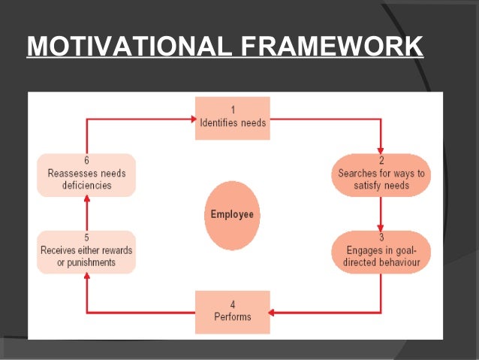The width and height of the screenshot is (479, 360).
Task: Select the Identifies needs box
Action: (x=232, y=118)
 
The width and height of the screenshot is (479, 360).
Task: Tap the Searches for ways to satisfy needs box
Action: (x=381, y=175)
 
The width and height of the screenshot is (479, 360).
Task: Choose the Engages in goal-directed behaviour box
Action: (x=381, y=253)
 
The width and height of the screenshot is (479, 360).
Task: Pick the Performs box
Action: (x=232, y=311)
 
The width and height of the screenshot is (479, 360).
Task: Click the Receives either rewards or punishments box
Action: (x=86, y=253)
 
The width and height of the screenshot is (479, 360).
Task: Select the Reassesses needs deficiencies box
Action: (x=86, y=175)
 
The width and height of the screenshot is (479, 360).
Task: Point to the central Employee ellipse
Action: (x=232, y=214)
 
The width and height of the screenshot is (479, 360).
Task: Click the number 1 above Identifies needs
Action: (x=232, y=109)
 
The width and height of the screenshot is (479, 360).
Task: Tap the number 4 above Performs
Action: (x=232, y=304)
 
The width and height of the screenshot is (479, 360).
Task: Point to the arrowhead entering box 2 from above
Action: (x=381, y=149)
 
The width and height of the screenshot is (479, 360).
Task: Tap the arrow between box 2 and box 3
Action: (x=381, y=213)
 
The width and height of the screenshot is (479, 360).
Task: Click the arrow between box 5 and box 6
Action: (x=86, y=213)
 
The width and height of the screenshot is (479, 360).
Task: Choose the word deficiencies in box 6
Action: (x=86, y=185)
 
